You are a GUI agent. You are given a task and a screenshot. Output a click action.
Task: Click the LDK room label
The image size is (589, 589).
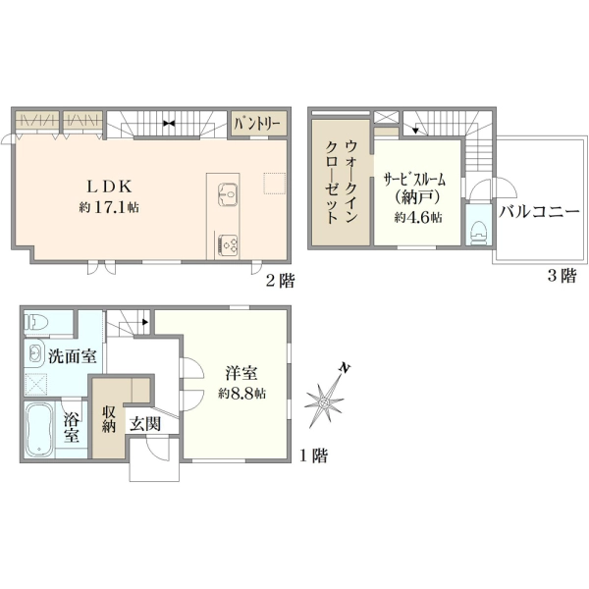pos(109,187)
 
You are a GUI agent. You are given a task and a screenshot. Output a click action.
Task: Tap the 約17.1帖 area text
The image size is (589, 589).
pos(109,207)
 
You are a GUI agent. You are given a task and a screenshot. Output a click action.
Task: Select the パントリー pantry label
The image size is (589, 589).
pos(257,124)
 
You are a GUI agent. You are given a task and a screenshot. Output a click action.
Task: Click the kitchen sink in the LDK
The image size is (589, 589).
pos(228,193)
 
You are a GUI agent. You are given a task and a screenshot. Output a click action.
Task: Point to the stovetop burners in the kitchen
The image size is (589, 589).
pos(228,245)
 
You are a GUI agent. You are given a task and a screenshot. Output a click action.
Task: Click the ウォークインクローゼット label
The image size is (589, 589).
pos(341,183)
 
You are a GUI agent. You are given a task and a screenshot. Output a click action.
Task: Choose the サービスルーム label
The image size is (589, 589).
pos(414,180)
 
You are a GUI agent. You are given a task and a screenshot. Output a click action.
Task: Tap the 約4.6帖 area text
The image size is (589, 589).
pos(418,218)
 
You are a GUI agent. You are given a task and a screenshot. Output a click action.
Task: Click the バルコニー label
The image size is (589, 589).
pos(539,212)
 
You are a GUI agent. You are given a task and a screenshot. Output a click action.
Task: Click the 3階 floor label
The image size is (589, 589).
pos(562,276)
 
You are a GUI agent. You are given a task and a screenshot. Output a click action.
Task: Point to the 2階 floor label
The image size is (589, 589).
pos(280,280)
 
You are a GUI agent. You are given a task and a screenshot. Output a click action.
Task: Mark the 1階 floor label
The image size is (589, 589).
pos(314,455)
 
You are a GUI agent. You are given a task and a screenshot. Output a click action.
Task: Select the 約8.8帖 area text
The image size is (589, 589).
pos(242,394)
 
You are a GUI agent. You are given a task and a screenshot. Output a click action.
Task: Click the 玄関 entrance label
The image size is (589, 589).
pos(145,424)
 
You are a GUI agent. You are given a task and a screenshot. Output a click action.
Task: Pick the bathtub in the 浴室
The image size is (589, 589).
pos(38,429)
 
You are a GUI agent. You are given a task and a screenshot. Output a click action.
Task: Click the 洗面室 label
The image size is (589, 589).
pos(73,356)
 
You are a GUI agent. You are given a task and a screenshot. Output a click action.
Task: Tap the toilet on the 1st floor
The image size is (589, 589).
pos(36,322)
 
